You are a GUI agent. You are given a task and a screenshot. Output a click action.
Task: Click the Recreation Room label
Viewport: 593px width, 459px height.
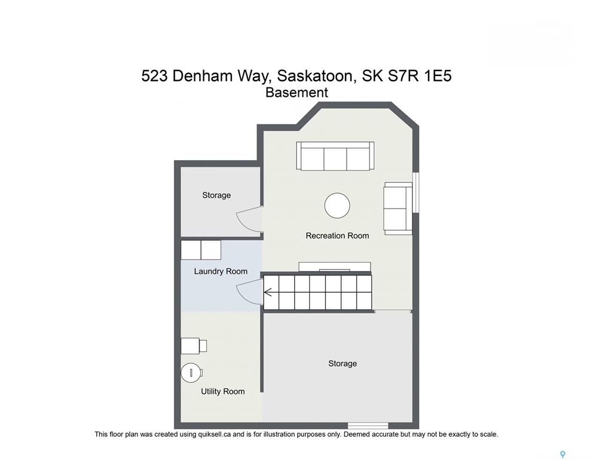coord(337,235)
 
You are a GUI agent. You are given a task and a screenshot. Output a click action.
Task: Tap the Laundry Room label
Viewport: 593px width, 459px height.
coord(221,271)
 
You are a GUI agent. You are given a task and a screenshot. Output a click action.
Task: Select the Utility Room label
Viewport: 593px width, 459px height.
coord(223,391)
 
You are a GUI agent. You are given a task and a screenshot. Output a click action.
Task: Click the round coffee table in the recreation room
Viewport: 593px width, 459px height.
coord(337,206)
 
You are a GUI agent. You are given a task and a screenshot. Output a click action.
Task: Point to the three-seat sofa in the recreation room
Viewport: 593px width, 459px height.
coord(335,156)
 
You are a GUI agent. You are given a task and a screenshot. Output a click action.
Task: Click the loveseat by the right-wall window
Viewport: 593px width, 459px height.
coord(398,209)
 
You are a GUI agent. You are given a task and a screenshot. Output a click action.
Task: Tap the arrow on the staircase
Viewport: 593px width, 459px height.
coord(268,292)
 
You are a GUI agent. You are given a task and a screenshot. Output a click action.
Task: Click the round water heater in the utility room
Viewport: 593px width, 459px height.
coord(191,373)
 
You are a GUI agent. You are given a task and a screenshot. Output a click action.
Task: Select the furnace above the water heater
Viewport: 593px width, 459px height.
coord(194,346)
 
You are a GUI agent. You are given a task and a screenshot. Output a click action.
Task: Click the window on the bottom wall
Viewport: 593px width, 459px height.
coord(368,426)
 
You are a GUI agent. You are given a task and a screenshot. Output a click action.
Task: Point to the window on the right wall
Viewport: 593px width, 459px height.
coord(415,192)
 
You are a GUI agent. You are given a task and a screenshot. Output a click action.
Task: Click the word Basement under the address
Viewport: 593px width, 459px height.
coord(296,92)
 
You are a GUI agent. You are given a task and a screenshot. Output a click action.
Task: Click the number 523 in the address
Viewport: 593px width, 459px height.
coord(155,76)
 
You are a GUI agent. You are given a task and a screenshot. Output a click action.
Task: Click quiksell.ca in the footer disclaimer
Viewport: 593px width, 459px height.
coord(215,434)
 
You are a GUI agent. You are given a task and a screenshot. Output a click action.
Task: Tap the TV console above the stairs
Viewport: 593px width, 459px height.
coord(335,267)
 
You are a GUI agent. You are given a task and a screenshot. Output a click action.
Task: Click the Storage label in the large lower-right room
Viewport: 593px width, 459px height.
coord(343,363)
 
